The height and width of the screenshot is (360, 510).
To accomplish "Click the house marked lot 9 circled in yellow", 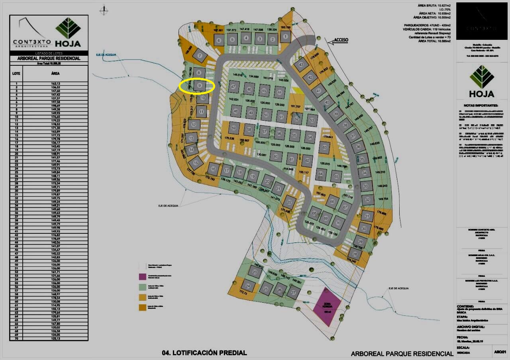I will [x=200, y=85].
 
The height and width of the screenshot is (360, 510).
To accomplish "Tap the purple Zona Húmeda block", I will [x=327, y=307].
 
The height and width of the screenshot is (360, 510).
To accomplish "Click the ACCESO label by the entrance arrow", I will [x=341, y=40].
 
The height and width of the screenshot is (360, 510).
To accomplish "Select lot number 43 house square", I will [x=301, y=65].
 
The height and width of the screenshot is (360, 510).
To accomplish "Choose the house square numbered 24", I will [x=248, y=286].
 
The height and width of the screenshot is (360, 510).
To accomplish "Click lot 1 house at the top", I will [x=285, y=37].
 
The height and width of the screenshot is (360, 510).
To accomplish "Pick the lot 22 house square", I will [x=290, y=202].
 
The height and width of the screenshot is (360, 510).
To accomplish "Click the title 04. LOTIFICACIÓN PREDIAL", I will [x=204, y=352].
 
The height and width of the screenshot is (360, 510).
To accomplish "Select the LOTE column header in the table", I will [x=16, y=73].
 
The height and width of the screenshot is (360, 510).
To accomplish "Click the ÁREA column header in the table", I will [x=55, y=73].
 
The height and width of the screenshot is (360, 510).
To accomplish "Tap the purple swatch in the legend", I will [x=142, y=276].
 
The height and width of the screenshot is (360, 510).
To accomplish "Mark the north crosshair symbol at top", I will [x=104, y=11].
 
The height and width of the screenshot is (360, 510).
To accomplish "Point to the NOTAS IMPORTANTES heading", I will [x=481, y=106].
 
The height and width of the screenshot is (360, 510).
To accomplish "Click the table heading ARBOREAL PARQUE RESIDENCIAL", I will [x=49, y=58].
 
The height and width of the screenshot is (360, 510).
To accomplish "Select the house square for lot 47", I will [x=234, y=86].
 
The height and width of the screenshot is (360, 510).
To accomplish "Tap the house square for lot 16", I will [x=213, y=169].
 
